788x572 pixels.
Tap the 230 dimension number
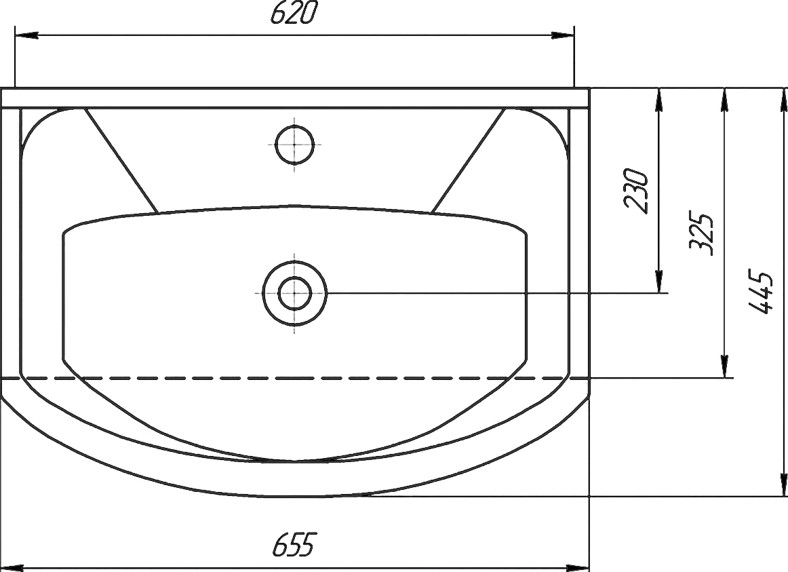[635, 191]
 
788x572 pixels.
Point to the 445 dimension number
[760, 292]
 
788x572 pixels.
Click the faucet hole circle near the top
[294, 145]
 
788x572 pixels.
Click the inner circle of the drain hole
[294, 293]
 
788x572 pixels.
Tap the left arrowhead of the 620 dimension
[27, 35]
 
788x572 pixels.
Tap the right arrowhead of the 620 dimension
[562, 35]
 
